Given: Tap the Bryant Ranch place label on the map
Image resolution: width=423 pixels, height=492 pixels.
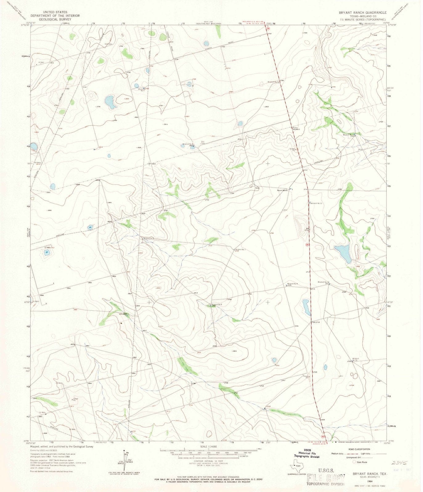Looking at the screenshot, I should tap(283, 191).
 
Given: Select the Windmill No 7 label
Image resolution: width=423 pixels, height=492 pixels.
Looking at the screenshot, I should tap(240, 249).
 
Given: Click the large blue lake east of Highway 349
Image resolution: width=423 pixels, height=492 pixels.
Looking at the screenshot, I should tap(343, 253).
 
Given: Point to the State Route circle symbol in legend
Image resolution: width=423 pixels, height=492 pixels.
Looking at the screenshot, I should tap(354, 462).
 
